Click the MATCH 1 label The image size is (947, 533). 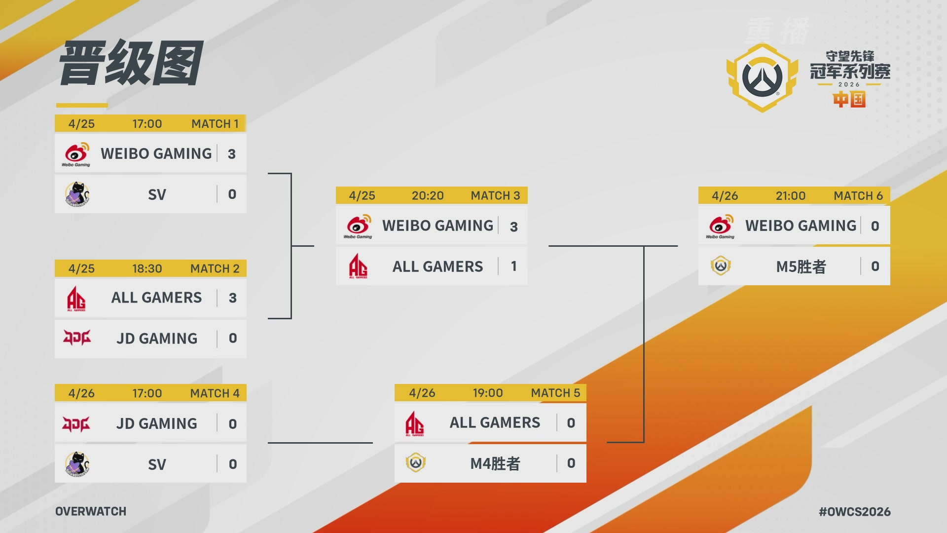pyautogui.click(x=215, y=124)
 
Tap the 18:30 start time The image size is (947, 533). pyautogui.click(x=147, y=268)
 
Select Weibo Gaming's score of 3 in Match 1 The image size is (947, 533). pyautogui.click(x=232, y=154)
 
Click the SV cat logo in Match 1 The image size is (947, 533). pyautogui.click(x=77, y=194)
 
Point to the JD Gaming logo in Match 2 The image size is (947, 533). pyautogui.click(x=77, y=338)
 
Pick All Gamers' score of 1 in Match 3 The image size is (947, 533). pyautogui.click(x=514, y=266)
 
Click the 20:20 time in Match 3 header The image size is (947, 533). pyautogui.click(x=428, y=196)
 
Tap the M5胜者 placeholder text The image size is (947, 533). pyautogui.click(x=801, y=266)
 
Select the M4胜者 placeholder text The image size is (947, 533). pyautogui.click(x=495, y=463)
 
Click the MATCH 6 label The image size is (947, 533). pyautogui.click(x=858, y=196)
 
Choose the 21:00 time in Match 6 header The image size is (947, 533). pyautogui.click(x=790, y=196)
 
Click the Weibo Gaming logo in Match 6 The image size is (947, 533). pyautogui.click(x=721, y=227)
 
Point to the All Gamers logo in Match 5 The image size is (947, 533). pyautogui.click(x=414, y=423)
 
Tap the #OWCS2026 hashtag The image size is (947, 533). pyautogui.click(x=855, y=512)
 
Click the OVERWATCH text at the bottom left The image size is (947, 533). pyautogui.click(x=91, y=511)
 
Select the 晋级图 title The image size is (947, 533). pyautogui.click(x=131, y=63)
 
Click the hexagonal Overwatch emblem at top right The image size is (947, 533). pyautogui.click(x=762, y=77)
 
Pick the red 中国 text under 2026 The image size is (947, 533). pyautogui.click(x=849, y=100)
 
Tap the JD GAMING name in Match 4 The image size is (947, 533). pyautogui.click(x=157, y=423)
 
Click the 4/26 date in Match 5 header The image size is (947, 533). pyautogui.click(x=422, y=393)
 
